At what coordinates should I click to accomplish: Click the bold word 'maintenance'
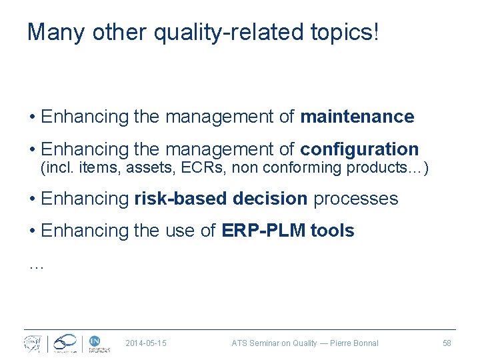[357, 117]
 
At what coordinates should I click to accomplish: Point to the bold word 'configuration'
[359, 149]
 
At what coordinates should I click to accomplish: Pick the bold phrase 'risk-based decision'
[221, 199]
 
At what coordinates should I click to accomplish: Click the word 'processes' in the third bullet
[355, 199]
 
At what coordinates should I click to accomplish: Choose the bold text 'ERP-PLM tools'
[287, 231]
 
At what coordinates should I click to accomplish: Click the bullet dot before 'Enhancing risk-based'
[32, 199]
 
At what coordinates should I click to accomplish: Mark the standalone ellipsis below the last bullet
[36, 266]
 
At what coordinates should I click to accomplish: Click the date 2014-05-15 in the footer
[146, 343]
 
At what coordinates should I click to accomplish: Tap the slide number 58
[447, 343]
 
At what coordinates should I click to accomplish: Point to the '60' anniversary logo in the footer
[65, 343]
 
